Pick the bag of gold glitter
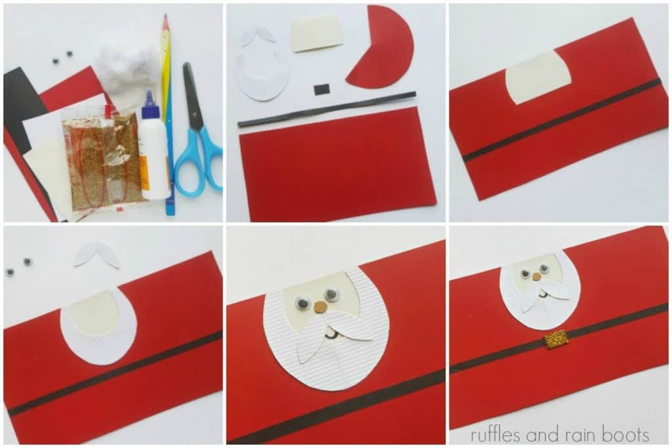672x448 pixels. pyautogui.click(x=105, y=157)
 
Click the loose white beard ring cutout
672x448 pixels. pyautogui.click(x=262, y=79)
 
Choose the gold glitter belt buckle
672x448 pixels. pyautogui.click(x=555, y=340)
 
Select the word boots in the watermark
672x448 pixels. pyautogui.click(x=628, y=434)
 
